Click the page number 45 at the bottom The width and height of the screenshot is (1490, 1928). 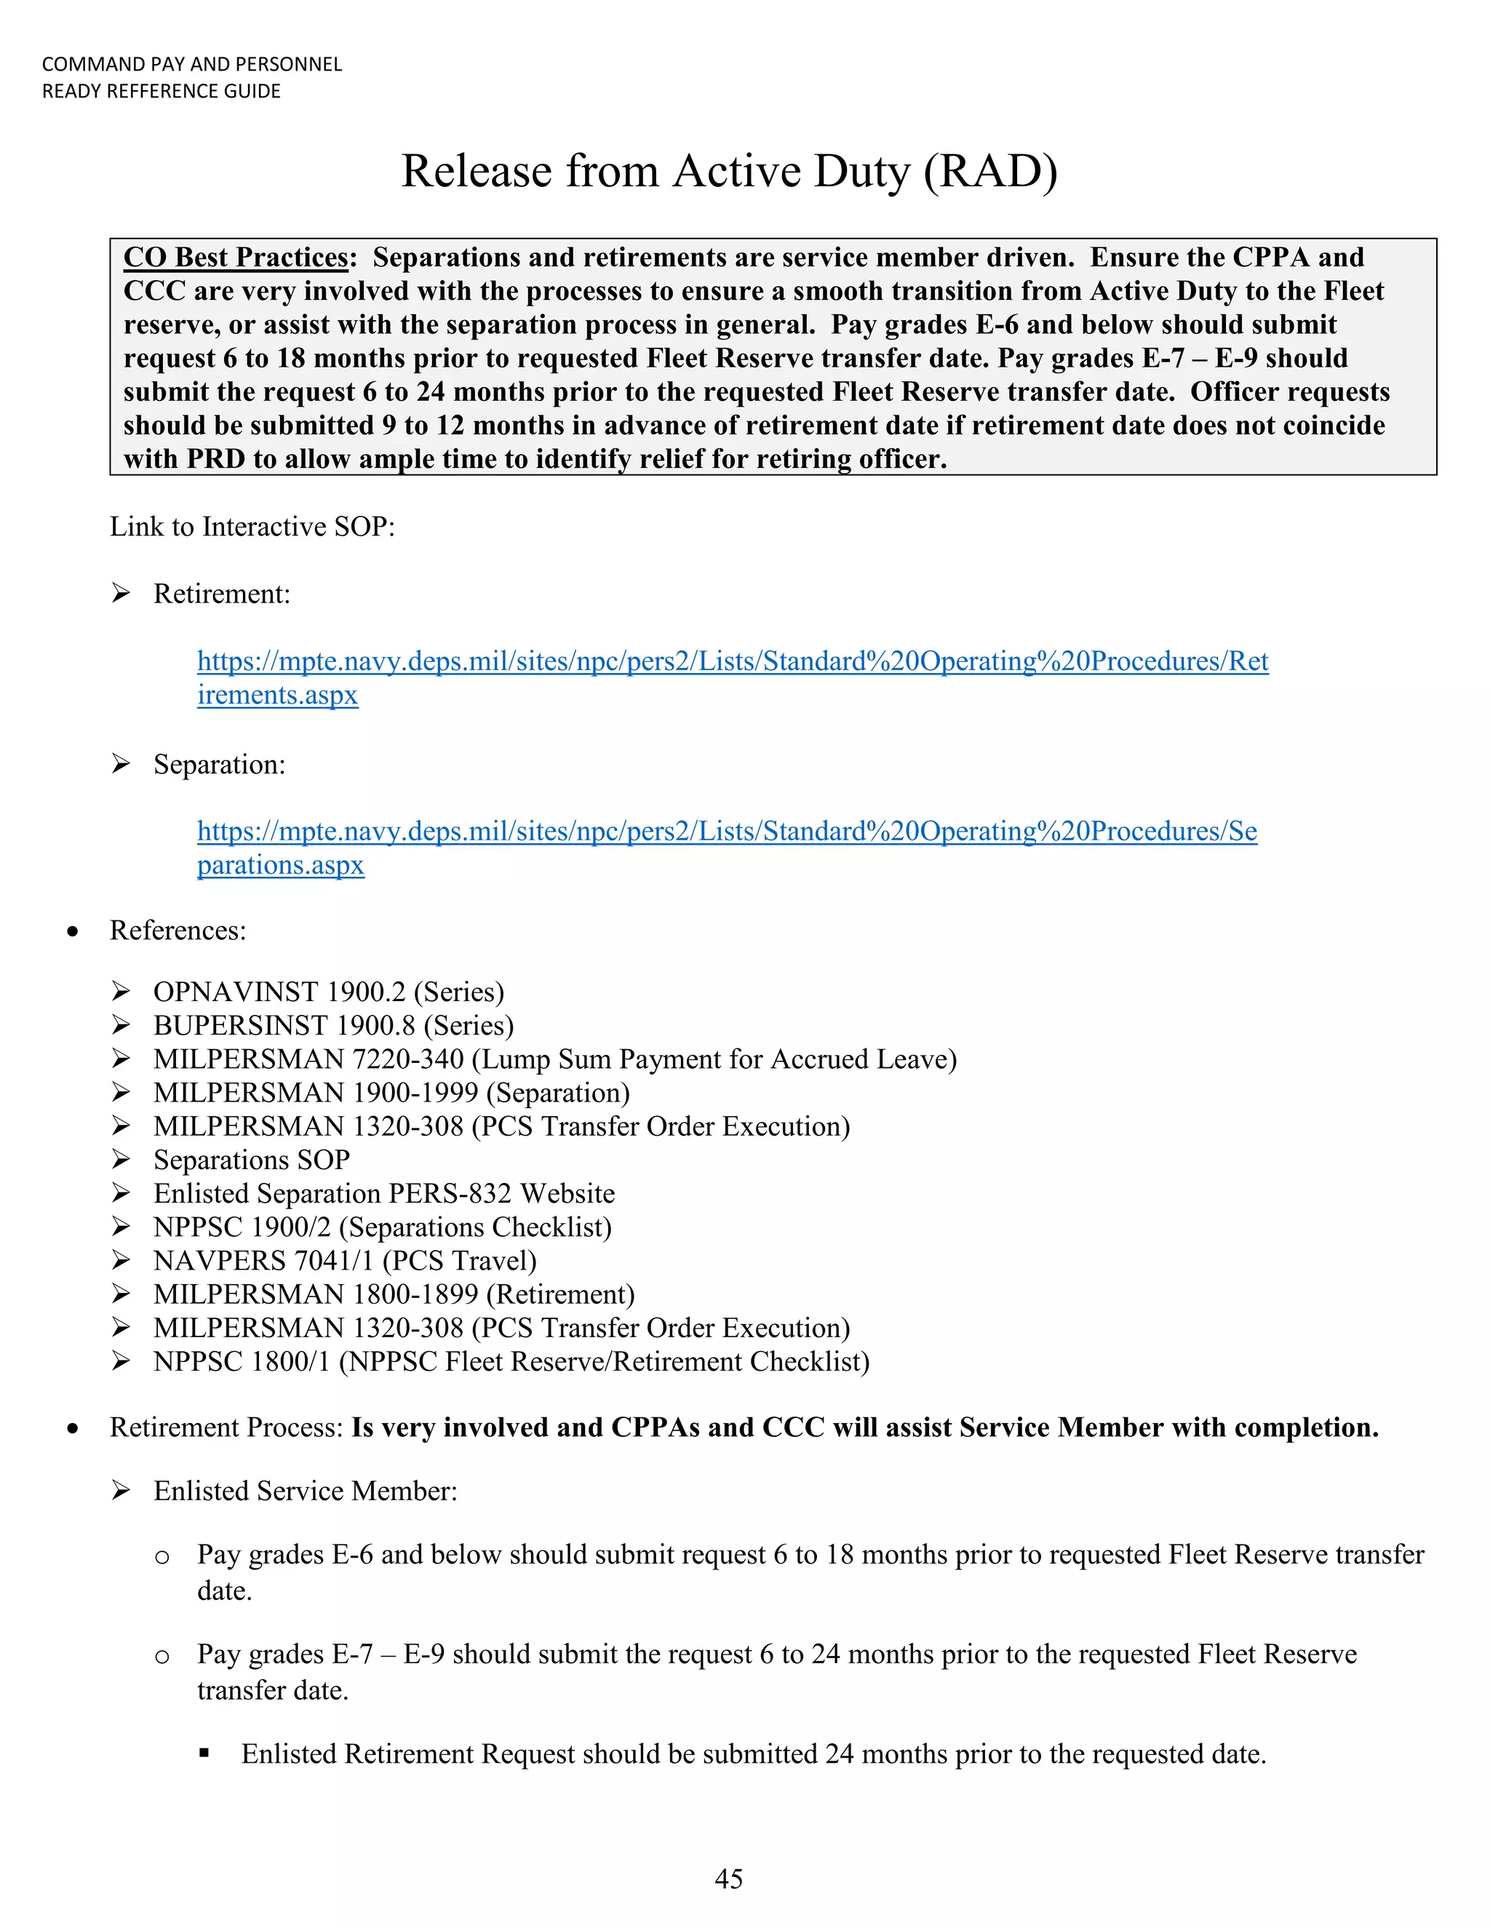[x=728, y=1878]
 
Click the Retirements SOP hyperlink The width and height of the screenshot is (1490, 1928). [x=732, y=661]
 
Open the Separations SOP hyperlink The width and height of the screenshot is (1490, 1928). [x=727, y=832]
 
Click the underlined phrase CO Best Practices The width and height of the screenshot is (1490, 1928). [x=236, y=257]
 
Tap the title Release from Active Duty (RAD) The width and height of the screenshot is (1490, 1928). [x=729, y=170]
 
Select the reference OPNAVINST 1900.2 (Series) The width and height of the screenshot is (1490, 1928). [x=328, y=992]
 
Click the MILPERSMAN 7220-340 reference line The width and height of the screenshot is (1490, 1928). [x=554, y=1059]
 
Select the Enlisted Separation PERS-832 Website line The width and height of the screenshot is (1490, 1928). [x=384, y=1193]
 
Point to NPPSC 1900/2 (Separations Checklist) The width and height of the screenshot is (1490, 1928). [x=382, y=1227]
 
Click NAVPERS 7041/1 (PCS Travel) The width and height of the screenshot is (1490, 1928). [x=345, y=1261]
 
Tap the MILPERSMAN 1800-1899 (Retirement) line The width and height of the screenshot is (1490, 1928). [x=394, y=1294]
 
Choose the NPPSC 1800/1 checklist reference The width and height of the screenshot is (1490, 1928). [x=511, y=1361]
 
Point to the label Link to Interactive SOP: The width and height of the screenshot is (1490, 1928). [x=252, y=527]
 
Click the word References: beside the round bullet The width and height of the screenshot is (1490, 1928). [x=178, y=931]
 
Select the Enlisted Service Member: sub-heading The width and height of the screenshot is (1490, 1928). [x=306, y=1491]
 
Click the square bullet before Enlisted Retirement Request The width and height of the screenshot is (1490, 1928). [x=204, y=1754]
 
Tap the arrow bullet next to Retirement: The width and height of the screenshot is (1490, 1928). [x=121, y=593]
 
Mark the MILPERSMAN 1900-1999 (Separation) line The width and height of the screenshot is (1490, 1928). [x=391, y=1093]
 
